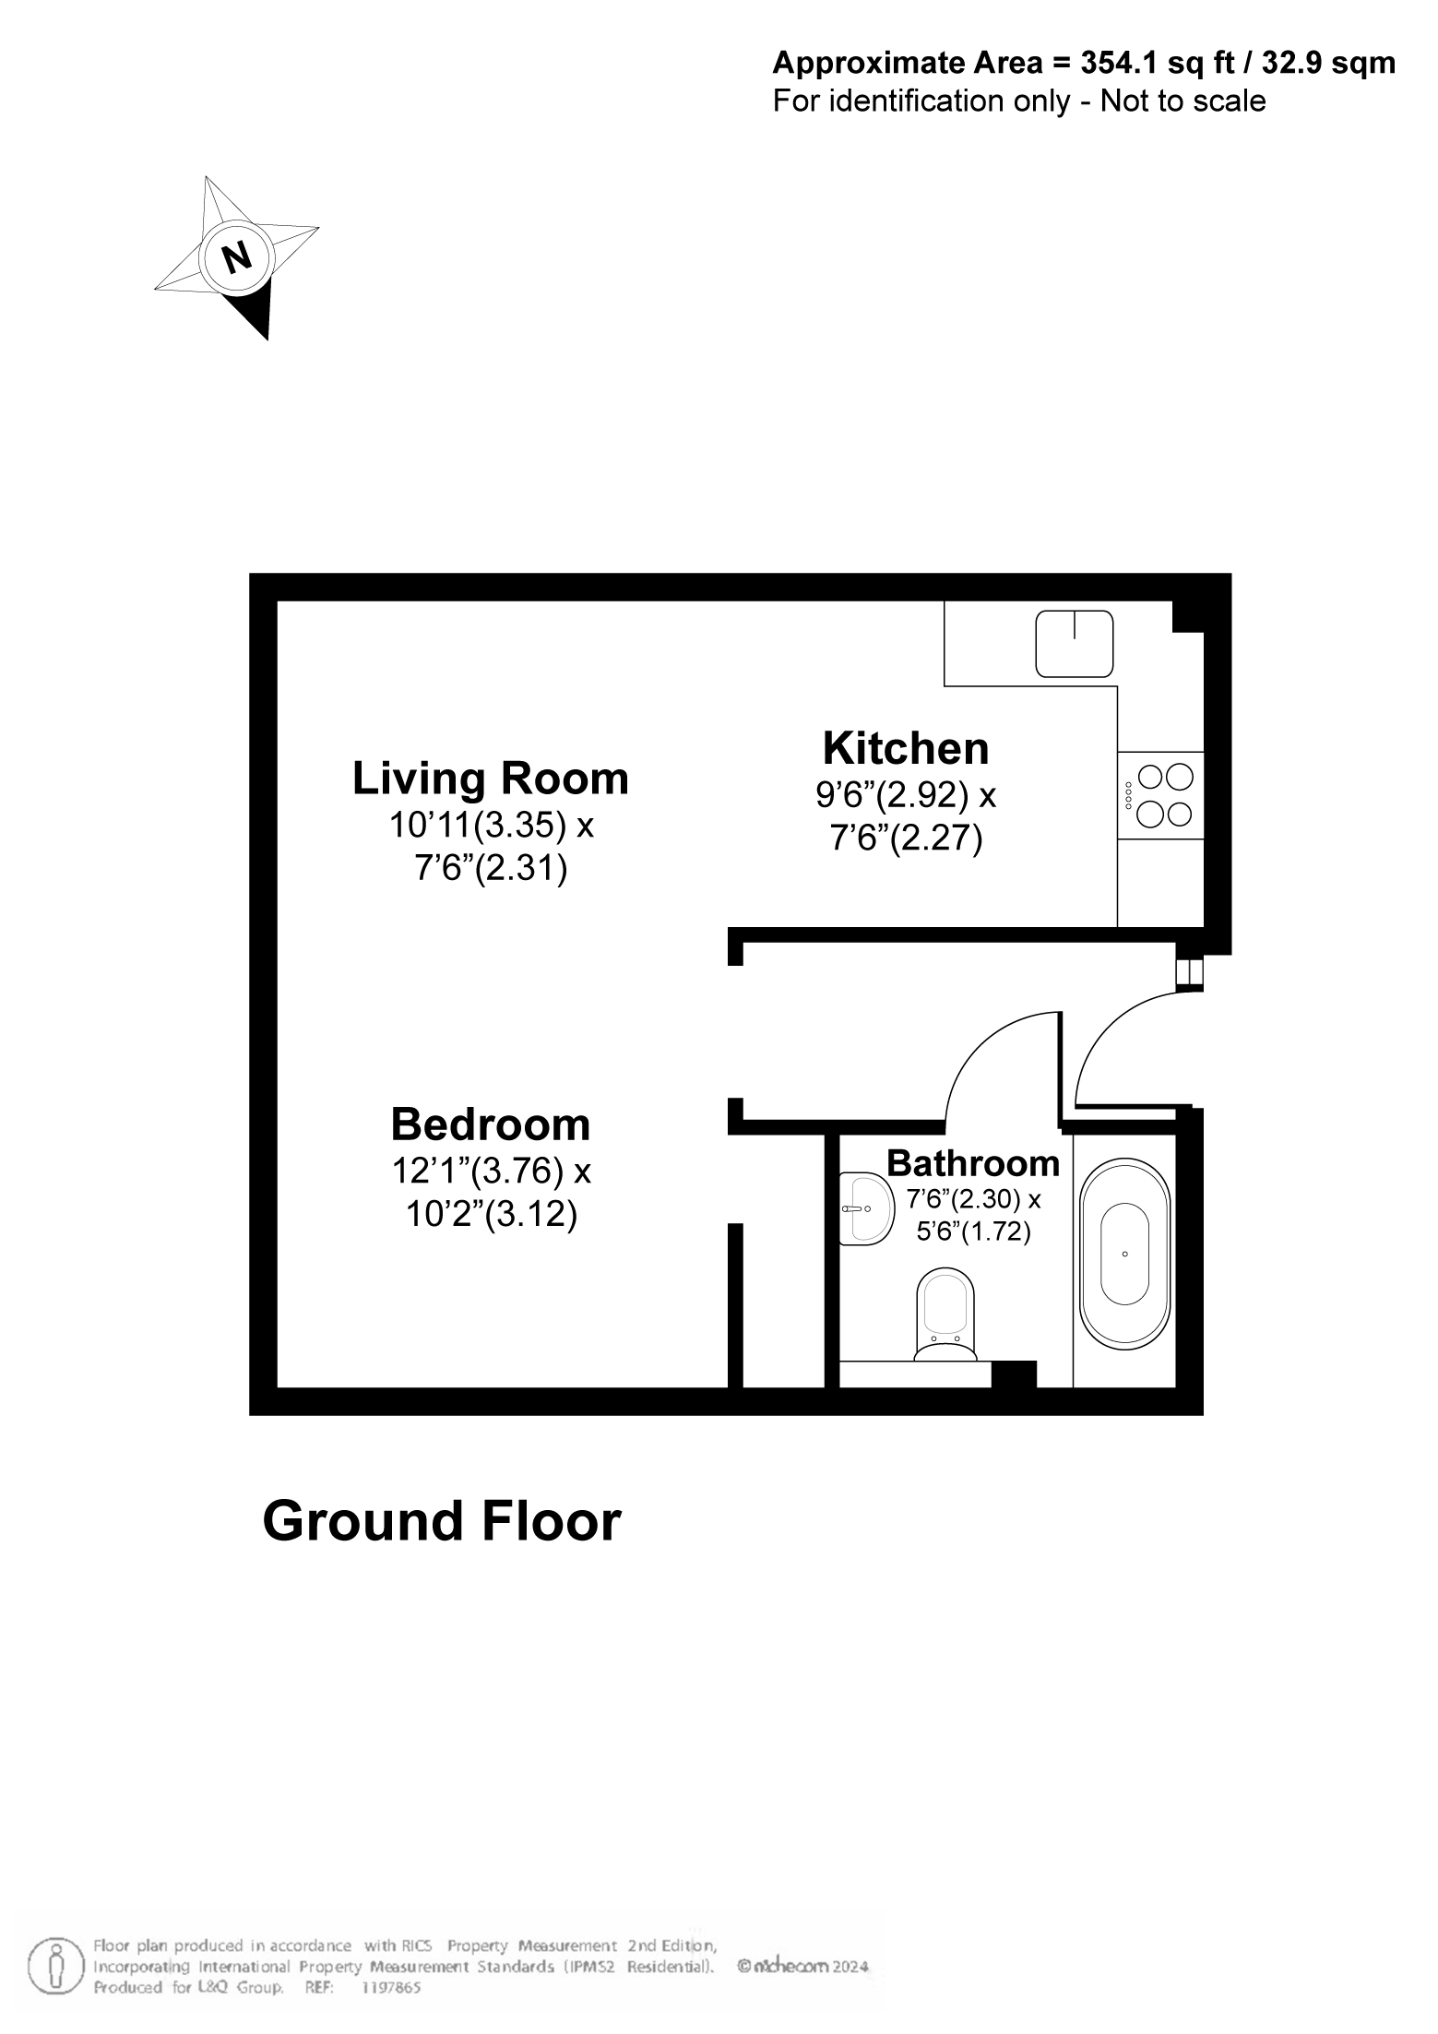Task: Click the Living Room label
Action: pyautogui.click(x=490, y=779)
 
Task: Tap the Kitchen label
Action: pyautogui.click(x=906, y=748)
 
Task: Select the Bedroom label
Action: pyautogui.click(x=491, y=1125)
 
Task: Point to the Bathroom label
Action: pyautogui.click(x=973, y=1164)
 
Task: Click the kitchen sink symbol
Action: pyautogui.click(x=1075, y=644)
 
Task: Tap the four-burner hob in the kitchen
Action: pyautogui.click(x=1160, y=795)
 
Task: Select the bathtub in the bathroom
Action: pyautogui.click(x=1125, y=1254)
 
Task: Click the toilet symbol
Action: pyautogui.click(x=945, y=1315)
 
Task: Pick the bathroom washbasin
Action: pyautogui.click(x=865, y=1209)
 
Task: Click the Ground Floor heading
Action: pyautogui.click(x=442, y=1521)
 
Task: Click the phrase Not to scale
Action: pyautogui.click(x=1183, y=100)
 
